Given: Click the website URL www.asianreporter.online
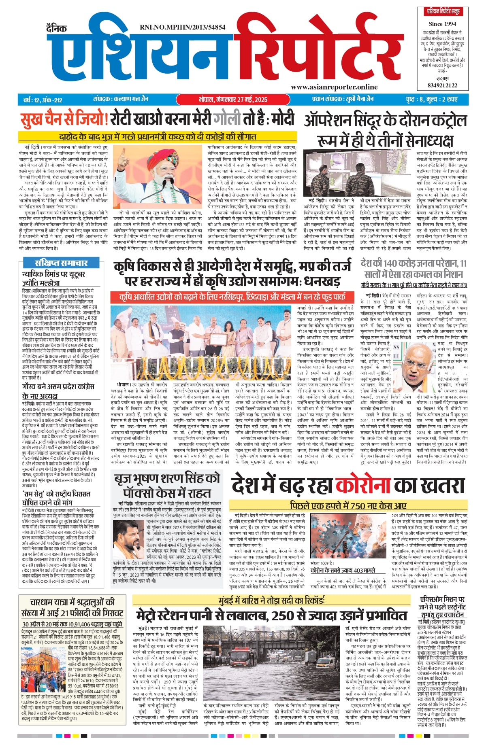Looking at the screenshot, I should point(334,87).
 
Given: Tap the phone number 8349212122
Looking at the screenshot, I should point(442,85).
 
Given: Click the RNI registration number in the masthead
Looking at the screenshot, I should point(182,28).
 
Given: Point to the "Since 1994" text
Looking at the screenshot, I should point(442,24).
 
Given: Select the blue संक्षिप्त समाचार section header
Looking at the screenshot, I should point(61,263).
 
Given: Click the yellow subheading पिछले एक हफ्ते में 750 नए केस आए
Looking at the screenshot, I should point(348,505).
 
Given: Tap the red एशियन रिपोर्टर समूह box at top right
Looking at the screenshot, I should point(442,12).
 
